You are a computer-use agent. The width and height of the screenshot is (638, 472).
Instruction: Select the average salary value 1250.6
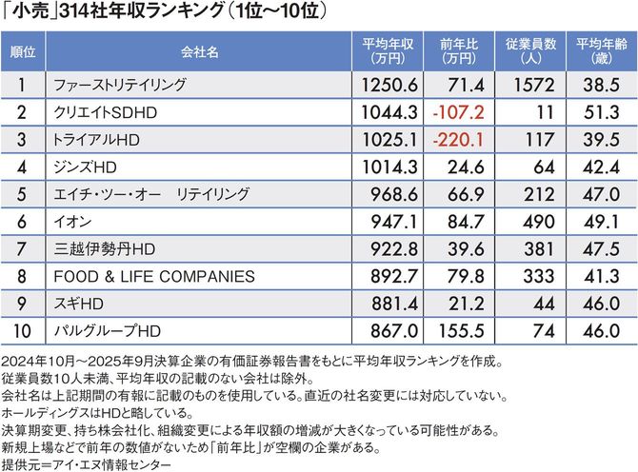pos(391,85)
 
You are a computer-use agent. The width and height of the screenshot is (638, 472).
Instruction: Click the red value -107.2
pos(458,112)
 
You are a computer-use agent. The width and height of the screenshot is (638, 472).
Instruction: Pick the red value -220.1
pos(458,140)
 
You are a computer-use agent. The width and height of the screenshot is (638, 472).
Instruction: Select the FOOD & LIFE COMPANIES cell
pos(154,277)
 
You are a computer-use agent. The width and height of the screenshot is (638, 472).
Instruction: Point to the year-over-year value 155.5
pos(460,332)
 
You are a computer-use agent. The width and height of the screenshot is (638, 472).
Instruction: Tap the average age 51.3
pos(603,112)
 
